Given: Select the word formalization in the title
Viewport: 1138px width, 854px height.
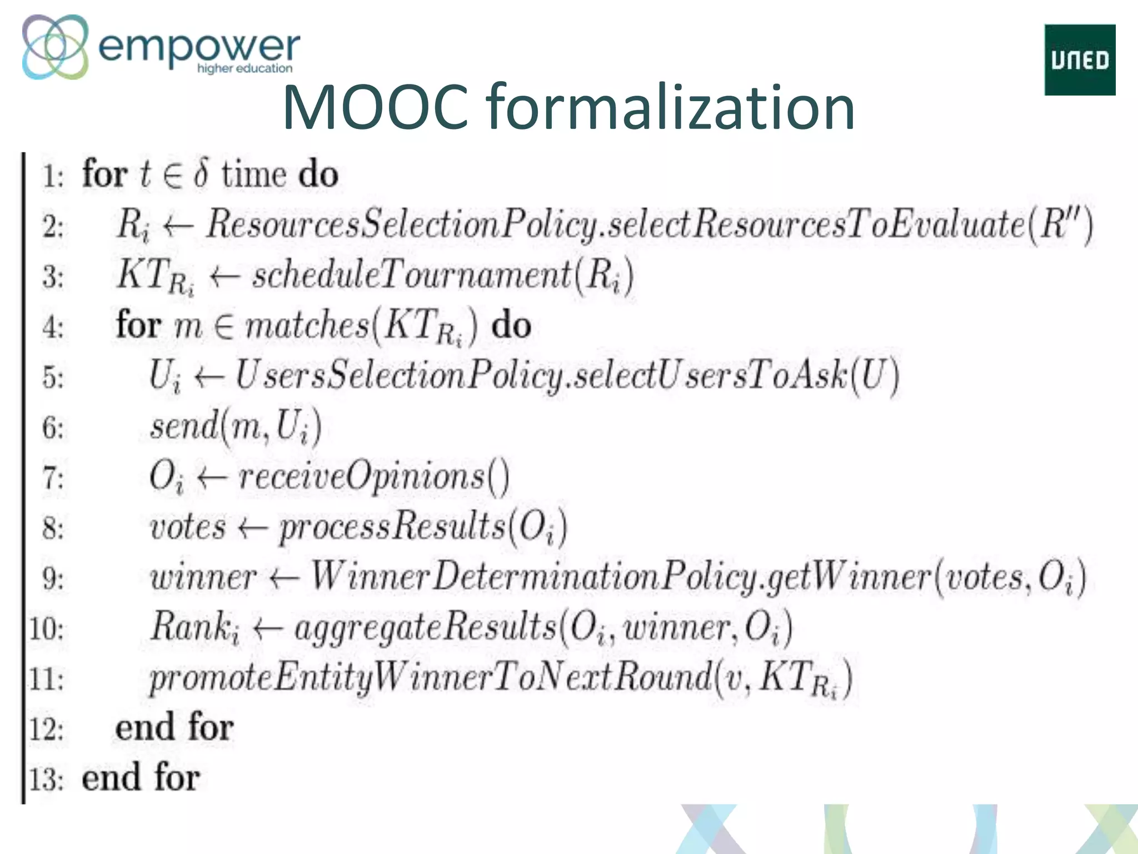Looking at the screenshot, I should (x=670, y=107).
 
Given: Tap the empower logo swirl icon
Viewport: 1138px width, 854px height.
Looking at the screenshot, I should (x=55, y=47).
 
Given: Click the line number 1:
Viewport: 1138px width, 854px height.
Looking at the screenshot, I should (x=53, y=177).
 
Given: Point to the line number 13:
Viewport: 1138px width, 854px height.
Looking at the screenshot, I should (x=46, y=779).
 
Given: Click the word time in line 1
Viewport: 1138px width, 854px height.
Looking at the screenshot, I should (x=254, y=175).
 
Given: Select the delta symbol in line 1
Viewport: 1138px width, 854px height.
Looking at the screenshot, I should (x=201, y=173).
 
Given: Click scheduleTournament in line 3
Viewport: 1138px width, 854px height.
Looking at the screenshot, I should (x=412, y=275).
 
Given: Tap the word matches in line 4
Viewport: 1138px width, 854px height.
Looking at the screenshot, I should (x=307, y=326).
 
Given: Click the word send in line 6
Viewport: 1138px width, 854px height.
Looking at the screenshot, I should (x=184, y=427).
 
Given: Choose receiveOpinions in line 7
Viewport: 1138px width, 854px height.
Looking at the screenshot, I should (x=362, y=477).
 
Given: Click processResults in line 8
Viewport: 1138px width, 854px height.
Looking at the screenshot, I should (x=392, y=527).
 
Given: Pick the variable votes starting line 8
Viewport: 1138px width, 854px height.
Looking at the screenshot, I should (x=188, y=527).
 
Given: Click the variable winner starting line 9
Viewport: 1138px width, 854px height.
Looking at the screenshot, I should (x=203, y=578).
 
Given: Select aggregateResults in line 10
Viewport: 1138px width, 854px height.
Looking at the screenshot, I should (x=425, y=628).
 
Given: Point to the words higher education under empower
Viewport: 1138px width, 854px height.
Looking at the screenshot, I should (x=244, y=68).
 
